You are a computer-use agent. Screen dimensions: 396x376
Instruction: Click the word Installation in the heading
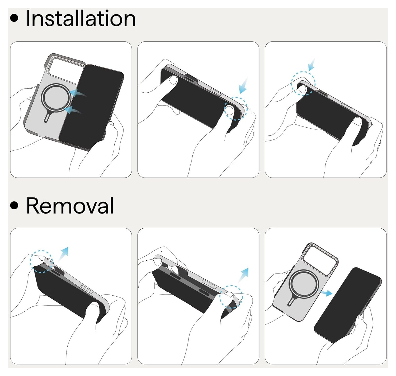[81, 19]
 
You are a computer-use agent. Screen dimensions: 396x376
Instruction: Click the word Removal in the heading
[70, 205]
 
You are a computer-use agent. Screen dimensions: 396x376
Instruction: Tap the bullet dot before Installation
[14, 18]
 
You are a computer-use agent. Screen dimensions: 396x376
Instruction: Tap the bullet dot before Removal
[14, 205]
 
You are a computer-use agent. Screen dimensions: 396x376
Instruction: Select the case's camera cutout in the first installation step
[65, 69]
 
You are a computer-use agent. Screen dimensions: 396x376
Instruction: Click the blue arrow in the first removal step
[63, 254]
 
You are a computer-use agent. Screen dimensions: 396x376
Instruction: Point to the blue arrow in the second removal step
[243, 275]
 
